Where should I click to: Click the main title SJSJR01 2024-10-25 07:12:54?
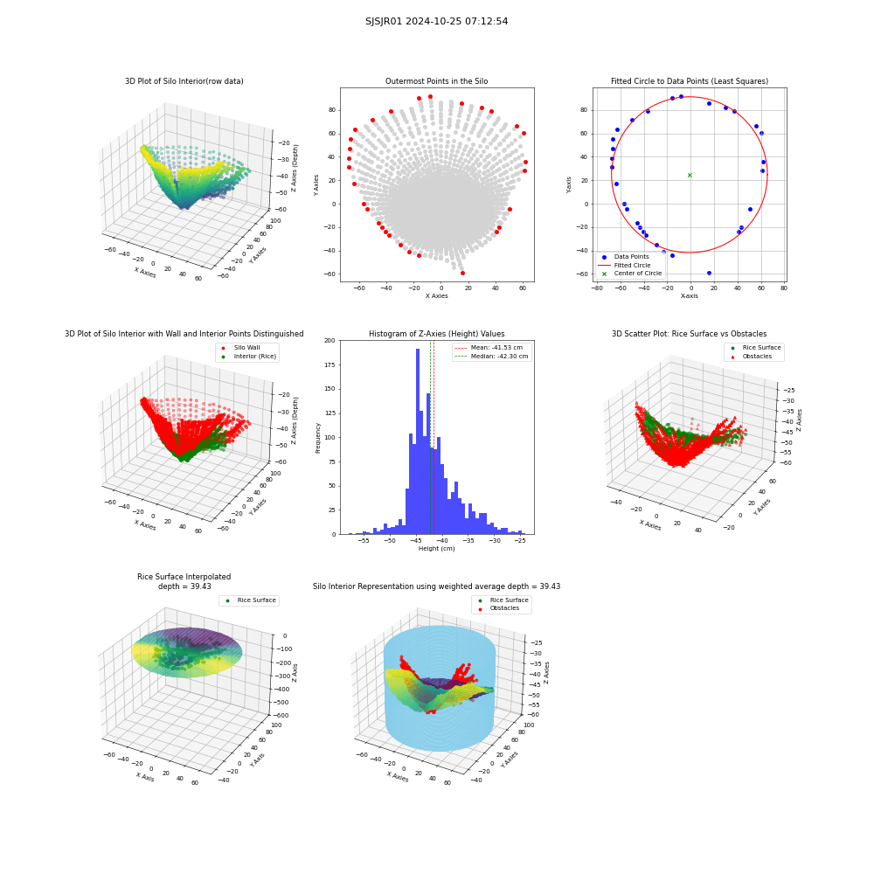pos(436,21)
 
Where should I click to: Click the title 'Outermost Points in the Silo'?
pos(436,81)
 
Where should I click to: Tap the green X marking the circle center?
pos(690,175)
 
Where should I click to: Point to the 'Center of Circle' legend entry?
pos(630,274)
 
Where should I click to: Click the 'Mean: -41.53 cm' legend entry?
pos(489,348)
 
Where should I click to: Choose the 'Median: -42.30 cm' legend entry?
pos(491,357)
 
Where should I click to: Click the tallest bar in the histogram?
pos(418,441)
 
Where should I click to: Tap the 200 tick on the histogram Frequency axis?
pos(329,340)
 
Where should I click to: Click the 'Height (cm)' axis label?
pos(436,549)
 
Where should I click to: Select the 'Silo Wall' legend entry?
pos(241,348)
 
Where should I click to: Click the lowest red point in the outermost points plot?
pos(462,273)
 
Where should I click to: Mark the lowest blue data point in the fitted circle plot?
pos(709,273)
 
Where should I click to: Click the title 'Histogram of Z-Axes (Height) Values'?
pos(436,334)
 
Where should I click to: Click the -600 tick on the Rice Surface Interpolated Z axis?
pos(281,716)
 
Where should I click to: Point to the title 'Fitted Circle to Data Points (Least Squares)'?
pos(690,81)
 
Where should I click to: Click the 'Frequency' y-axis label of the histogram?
pos(318,438)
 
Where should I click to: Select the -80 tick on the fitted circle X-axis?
pos(596,288)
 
